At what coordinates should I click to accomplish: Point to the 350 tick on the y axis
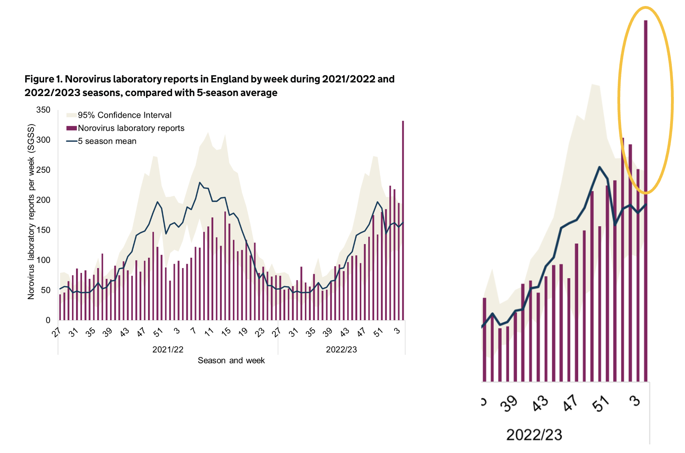(x=43, y=110)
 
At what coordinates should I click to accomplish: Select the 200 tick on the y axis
(x=43, y=200)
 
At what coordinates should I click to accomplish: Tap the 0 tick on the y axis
(x=48, y=320)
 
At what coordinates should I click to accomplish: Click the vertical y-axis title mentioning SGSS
(x=31, y=211)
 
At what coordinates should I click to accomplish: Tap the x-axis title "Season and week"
(x=231, y=361)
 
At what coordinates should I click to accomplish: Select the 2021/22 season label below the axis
(x=168, y=350)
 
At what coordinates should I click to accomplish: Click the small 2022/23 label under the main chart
(x=341, y=350)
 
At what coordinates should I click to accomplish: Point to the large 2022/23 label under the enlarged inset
(x=534, y=435)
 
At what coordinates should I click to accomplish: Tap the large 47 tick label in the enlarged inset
(x=570, y=403)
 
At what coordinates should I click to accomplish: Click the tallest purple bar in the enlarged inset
(x=645, y=200)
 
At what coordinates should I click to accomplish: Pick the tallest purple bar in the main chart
(x=403, y=220)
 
